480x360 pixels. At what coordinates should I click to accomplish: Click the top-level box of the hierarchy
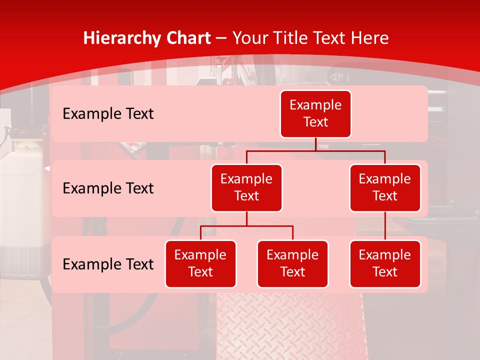[x=315, y=114]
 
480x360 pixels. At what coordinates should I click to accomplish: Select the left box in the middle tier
[x=246, y=188]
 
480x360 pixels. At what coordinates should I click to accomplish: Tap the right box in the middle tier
[x=385, y=188]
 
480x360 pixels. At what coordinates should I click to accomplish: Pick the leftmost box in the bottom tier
[x=200, y=264]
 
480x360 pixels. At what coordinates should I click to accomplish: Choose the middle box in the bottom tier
[x=292, y=264]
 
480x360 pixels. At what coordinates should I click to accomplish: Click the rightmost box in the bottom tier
[x=385, y=264]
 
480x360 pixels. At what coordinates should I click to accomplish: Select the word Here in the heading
[x=369, y=38]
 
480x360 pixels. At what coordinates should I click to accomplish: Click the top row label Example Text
[x=108, y=114]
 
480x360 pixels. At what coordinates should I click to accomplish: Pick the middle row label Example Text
[x=108, y=188]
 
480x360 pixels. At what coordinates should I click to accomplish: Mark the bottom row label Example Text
[x=108, y=264]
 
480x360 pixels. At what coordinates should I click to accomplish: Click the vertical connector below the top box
[x=315, y=144]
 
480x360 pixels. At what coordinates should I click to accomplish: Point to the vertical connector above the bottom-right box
[x=385, y=226]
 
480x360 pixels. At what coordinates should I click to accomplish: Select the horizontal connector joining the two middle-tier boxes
[x=315, y=150]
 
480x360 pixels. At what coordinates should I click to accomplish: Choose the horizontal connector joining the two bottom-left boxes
[x=246, y=226]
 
